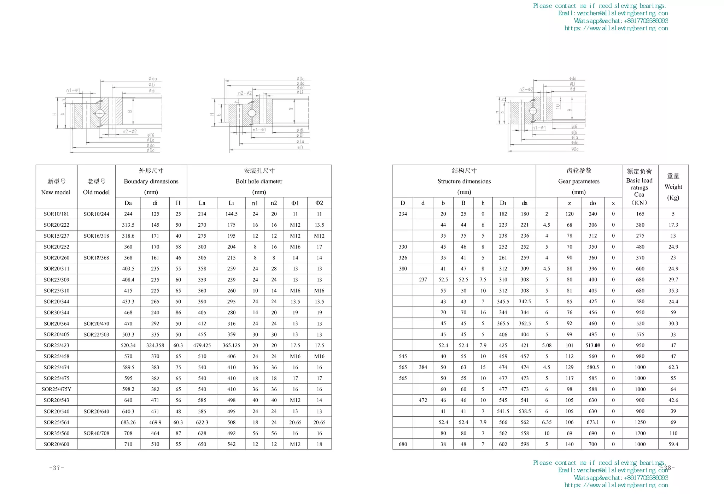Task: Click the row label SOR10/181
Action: [56, 214]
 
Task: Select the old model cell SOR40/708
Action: [96, 433]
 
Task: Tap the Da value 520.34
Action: [128, 345]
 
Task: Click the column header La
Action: [202, 203]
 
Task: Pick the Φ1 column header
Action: [295, 203]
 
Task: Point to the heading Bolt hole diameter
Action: [259, 181]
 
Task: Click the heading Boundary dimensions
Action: [151, 181]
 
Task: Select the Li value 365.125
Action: [231, 345]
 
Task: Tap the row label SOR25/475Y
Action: [56, 389]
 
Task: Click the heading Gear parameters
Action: [579, 181]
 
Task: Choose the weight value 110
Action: [673, 433]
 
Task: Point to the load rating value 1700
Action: [640, 433]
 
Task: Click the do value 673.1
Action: [592, 422]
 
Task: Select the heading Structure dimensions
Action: [464, 181]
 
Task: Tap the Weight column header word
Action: [673, 187]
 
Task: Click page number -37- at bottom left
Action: [57, 468]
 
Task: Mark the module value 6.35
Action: [547, 422]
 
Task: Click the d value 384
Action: [423, 367]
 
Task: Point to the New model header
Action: [56, 192]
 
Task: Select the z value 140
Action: [569, 444]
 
